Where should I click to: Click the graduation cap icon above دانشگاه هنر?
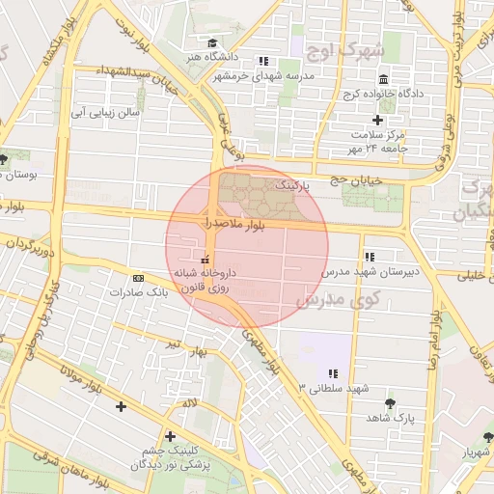click(x=212, y=43)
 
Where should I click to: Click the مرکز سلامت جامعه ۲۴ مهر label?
click(x=379, y=142)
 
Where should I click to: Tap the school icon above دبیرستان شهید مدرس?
click(x=369, y=257)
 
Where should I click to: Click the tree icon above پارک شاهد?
click(x=390, y=403)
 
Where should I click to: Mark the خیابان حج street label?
click(x=357, y=179)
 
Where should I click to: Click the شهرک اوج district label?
click(x=343, y=49)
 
